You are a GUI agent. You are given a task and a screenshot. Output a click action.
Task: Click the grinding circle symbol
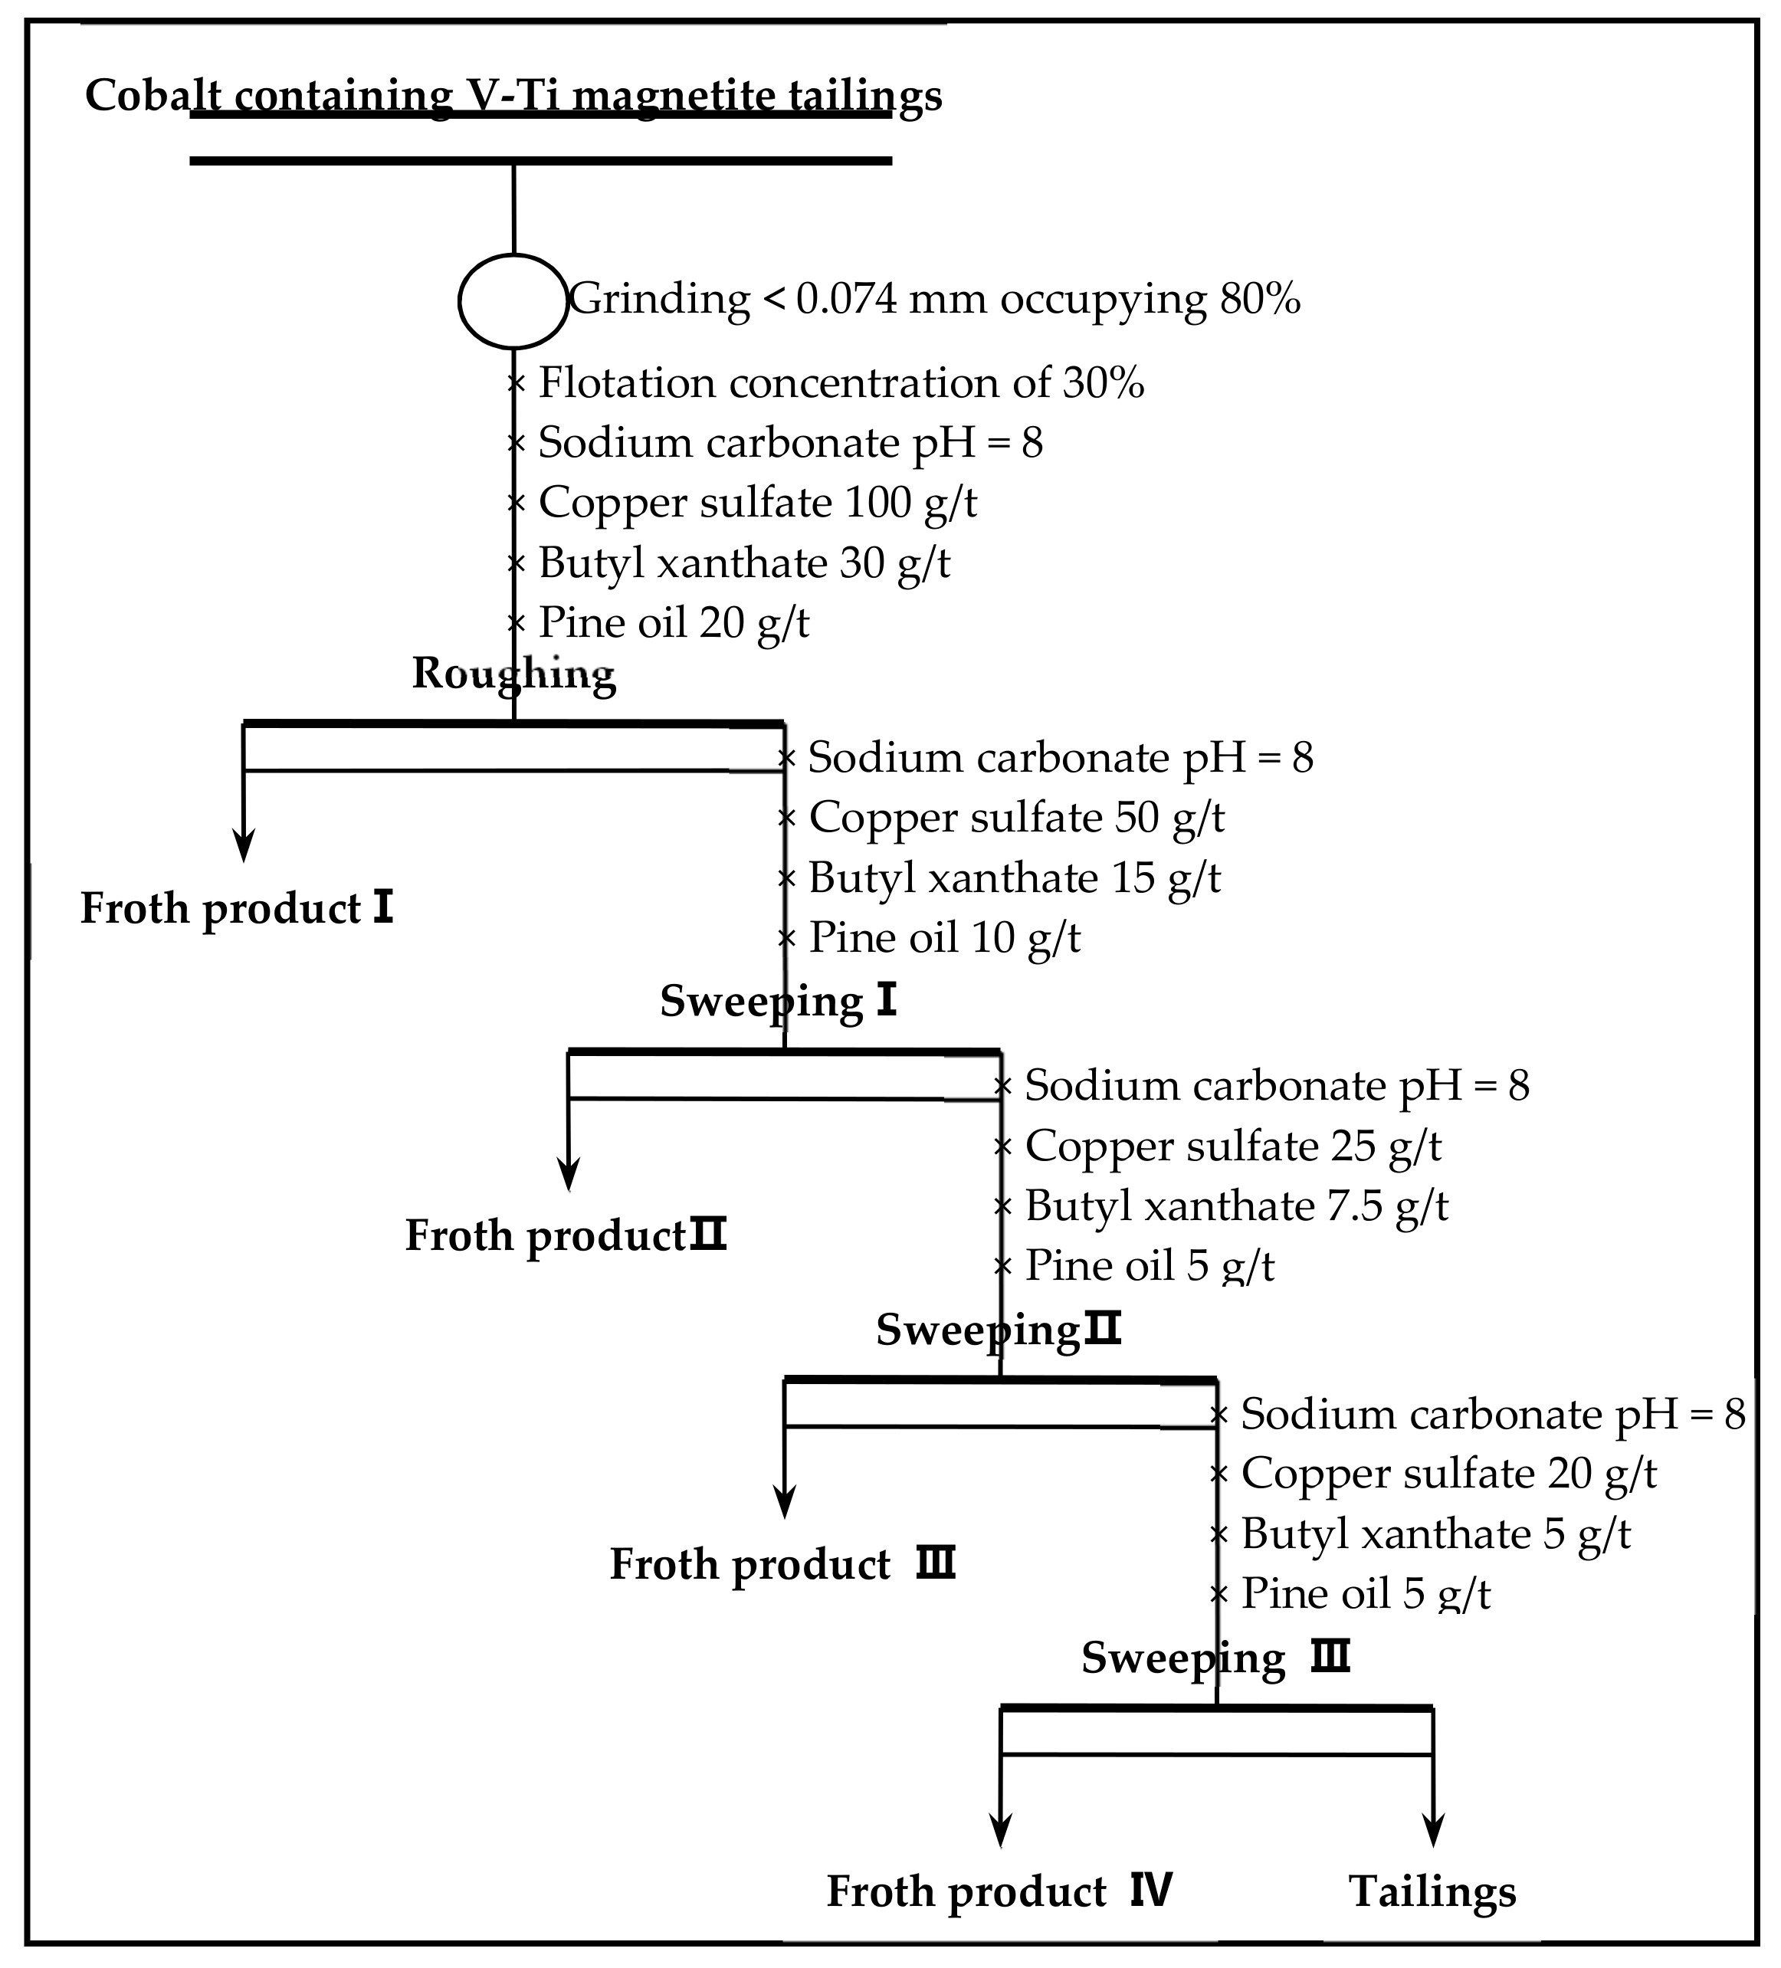click(x=513, y=300)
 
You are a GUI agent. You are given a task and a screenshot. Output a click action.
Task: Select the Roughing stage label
click(x=513, y=674)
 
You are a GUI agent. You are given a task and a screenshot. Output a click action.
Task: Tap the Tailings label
click(x=1432, y=1890)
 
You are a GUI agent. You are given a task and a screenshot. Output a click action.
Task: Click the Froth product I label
click(x=236, y=908)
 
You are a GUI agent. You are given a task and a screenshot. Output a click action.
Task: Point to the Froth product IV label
click(x=999, y=1890)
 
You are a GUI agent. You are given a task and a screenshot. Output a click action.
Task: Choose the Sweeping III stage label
click(x=1215, y=1658)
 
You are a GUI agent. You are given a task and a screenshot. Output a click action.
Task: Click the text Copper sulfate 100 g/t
click(x=758, y=503)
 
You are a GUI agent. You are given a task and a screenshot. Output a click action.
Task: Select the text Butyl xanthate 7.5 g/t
click(x=1236, y=1205)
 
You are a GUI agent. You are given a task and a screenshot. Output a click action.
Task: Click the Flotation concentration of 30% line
click(x=841, y=382)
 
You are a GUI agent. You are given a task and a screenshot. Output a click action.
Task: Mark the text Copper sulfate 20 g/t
click(x=1449, y=1473)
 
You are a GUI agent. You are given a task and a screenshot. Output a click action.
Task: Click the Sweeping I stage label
click(x=778, y=1001)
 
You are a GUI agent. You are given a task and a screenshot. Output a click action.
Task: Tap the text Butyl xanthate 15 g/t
click(x=1015, y=877)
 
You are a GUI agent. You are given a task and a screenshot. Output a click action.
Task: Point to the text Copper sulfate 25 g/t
click(x=1233, y=1145)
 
